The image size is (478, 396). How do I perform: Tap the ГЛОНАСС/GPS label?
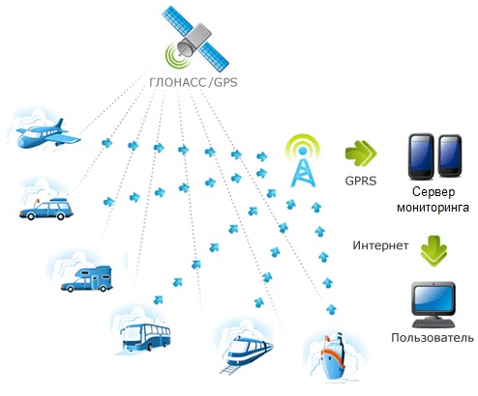pos(194,82)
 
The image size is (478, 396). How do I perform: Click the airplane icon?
pos(48,134)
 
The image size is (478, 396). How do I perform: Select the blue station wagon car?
pos(46,209)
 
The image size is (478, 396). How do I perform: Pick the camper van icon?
pos(86,279)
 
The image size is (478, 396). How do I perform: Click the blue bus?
pos(145,337)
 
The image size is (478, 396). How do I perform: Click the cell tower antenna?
pos(303,161)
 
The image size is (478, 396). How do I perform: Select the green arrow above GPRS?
pos(361,154)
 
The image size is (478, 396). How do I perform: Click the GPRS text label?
pos(361,181)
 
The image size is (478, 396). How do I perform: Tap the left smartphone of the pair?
pos(421,156)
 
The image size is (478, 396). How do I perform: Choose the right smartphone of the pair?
pos(450,156)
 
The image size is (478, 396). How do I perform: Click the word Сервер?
pos(433,192)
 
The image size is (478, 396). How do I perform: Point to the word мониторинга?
pos(433,207)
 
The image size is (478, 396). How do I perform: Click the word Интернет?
pos(380,245)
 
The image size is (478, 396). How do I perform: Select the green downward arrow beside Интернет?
pos(433,251)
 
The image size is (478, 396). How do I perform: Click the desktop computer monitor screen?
pos(433,297)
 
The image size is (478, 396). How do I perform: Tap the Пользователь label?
pos(433,338)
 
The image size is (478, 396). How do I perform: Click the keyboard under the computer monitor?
pos(433,323)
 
